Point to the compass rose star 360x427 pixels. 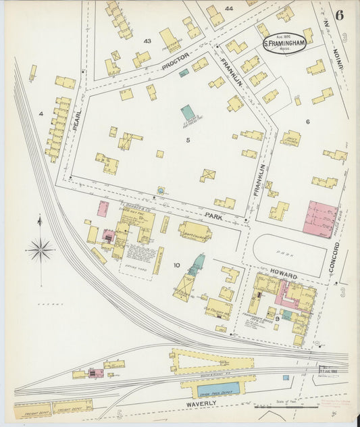coord(41,250)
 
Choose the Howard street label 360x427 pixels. coord(284,277)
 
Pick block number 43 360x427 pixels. coord(147,41)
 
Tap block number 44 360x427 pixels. coord(229,9)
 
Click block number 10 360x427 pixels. coord(176,265)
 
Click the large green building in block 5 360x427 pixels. coord(188,113)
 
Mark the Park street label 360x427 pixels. coord(214,218)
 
